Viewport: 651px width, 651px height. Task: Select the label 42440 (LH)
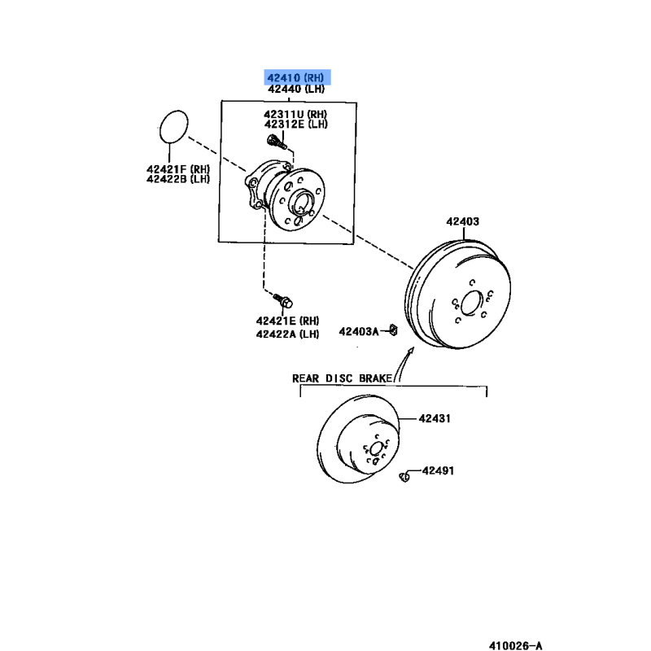296,89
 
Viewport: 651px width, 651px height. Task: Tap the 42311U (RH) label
295,114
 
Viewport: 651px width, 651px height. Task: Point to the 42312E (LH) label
295,125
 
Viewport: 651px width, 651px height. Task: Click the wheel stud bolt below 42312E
277,142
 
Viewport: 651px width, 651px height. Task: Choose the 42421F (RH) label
178,169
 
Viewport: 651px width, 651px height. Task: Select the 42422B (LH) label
178,179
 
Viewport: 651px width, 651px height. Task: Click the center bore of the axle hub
302,203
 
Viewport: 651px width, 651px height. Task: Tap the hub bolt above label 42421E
282,300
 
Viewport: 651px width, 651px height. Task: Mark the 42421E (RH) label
287,321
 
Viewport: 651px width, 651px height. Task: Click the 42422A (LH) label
287,334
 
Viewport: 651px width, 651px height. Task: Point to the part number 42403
462,221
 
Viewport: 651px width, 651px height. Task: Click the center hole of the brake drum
472,303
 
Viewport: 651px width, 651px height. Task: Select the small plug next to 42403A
393,330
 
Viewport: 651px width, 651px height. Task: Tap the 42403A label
359,331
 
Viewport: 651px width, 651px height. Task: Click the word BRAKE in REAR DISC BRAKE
375,378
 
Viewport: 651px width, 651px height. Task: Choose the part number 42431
435,418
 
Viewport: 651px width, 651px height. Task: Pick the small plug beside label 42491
404,477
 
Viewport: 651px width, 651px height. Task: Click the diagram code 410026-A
516,645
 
